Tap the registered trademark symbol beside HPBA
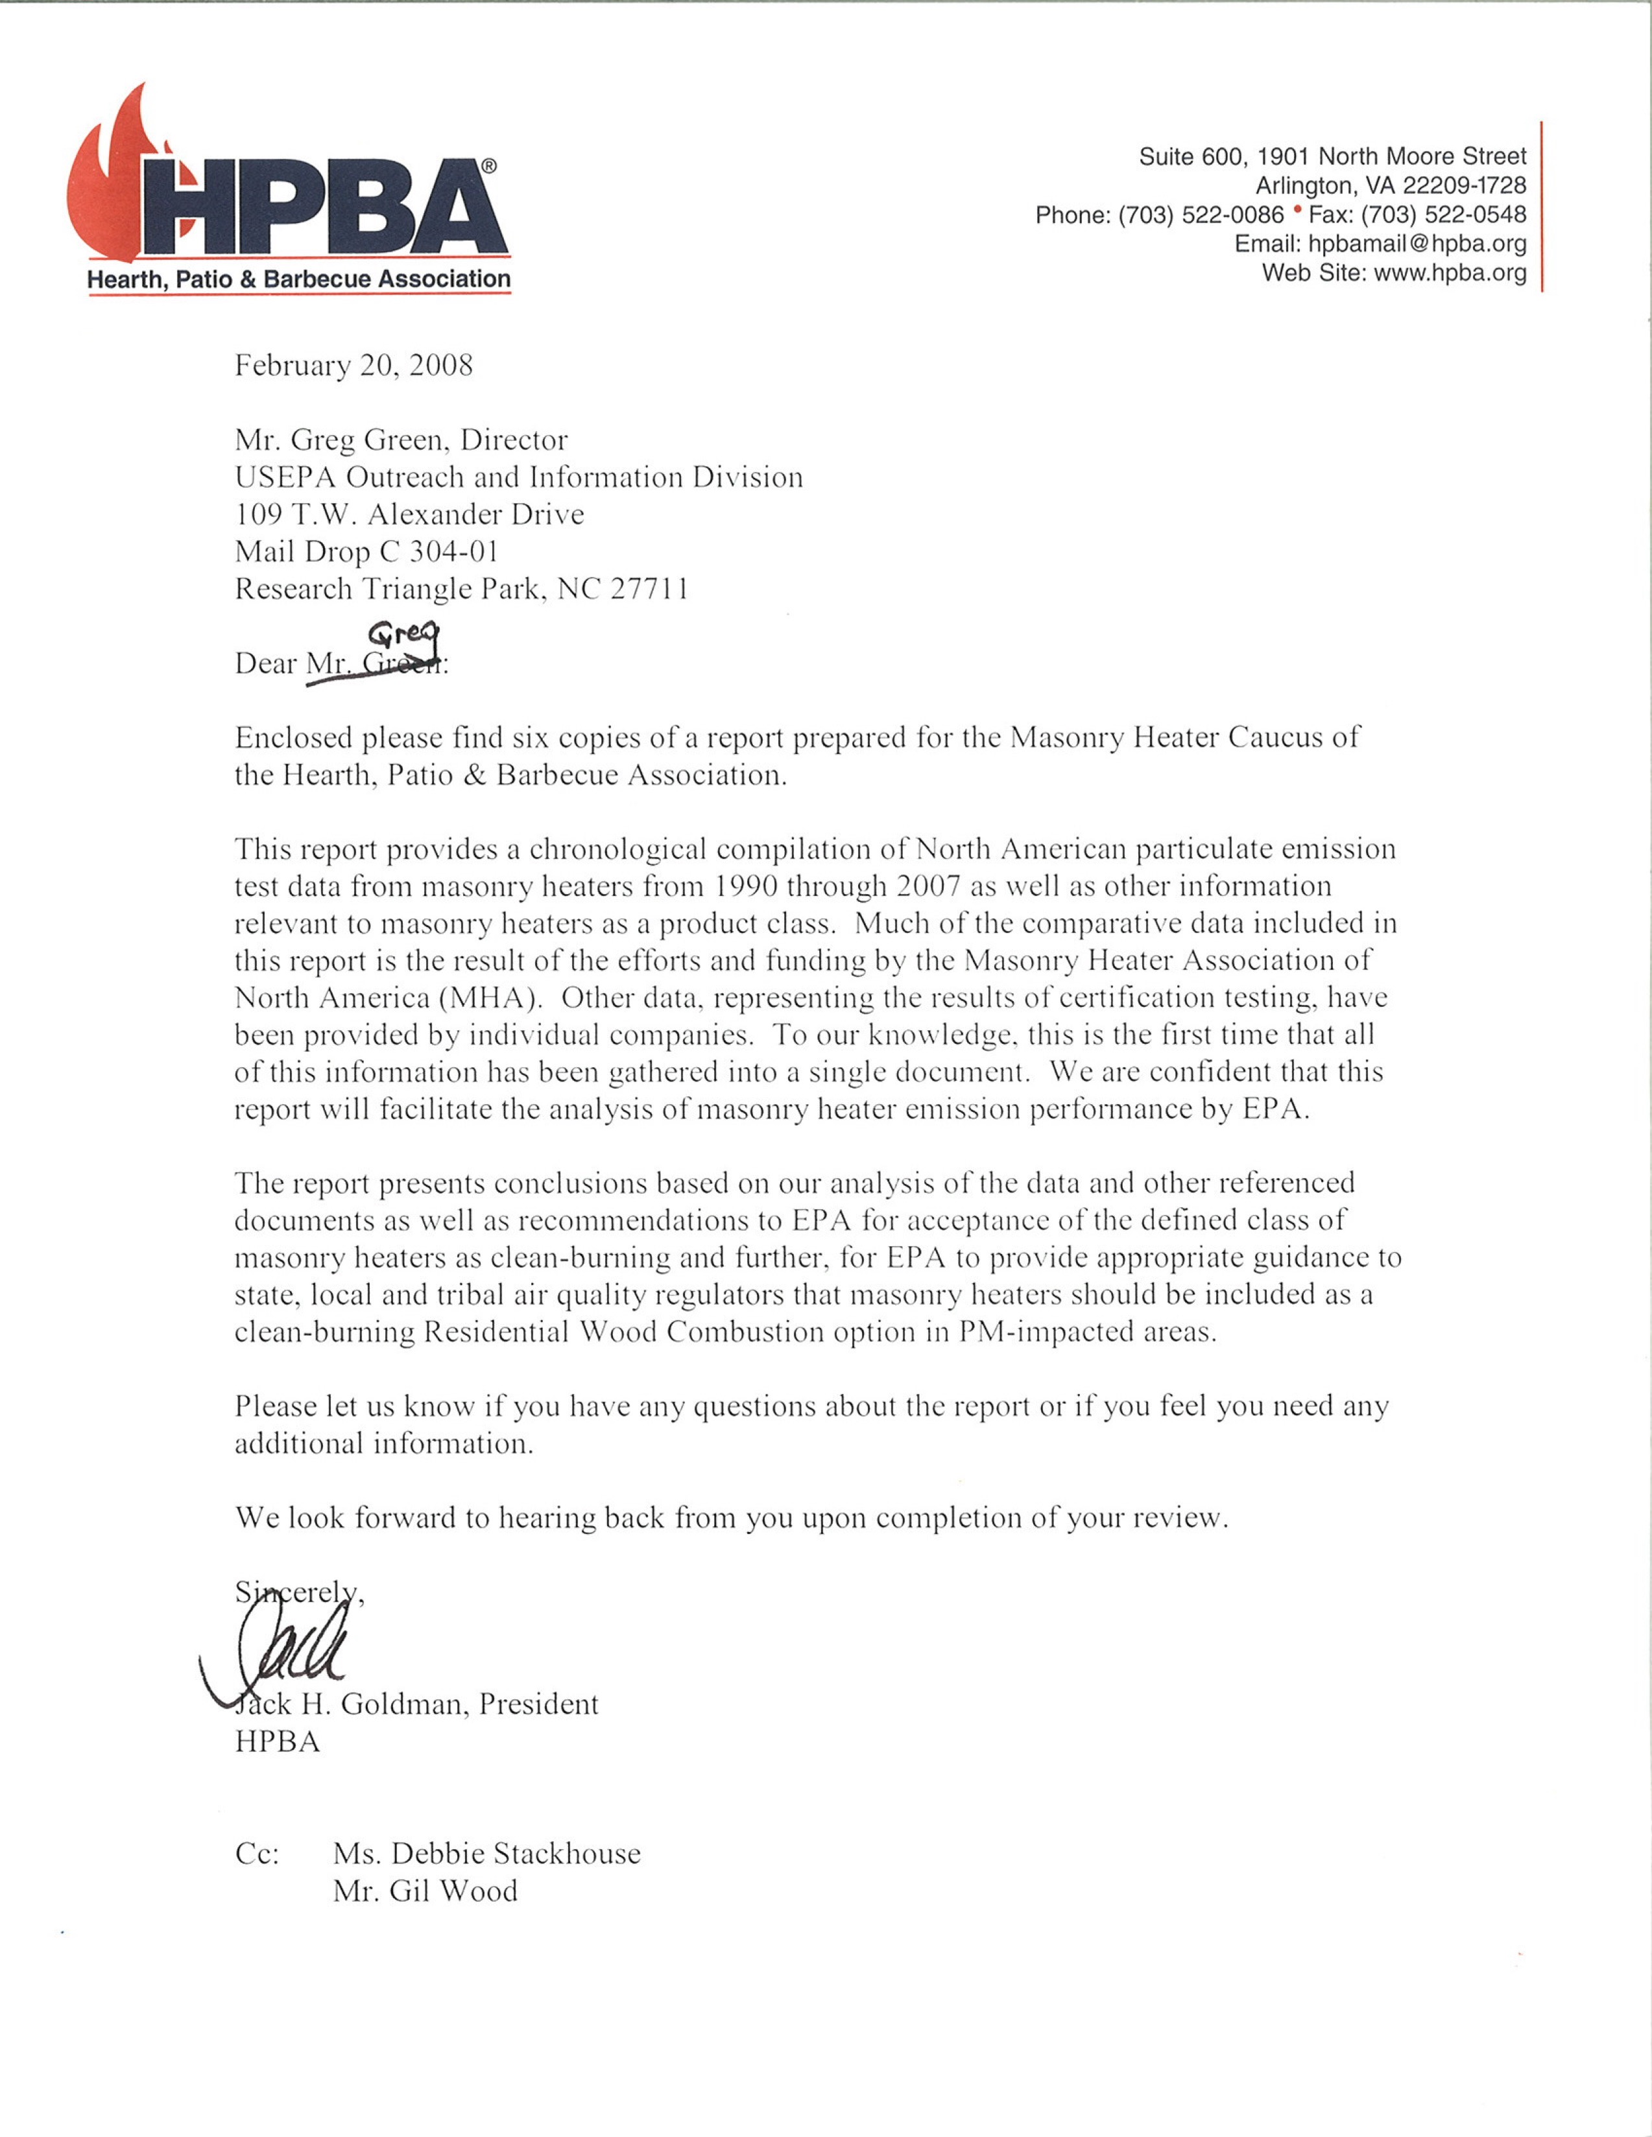[488, 167]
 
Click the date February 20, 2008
[353, 365]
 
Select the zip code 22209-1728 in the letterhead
[1464, 185]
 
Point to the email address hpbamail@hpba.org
[1417, 244]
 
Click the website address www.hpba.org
[1450, 273]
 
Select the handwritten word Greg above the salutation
[403, 636]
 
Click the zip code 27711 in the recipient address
[650, 589]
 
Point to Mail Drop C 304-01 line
[367, 552]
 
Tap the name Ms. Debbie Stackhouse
[486, 1853]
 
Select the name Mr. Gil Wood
[425, 1891]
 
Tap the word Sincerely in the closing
[294, 1592]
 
